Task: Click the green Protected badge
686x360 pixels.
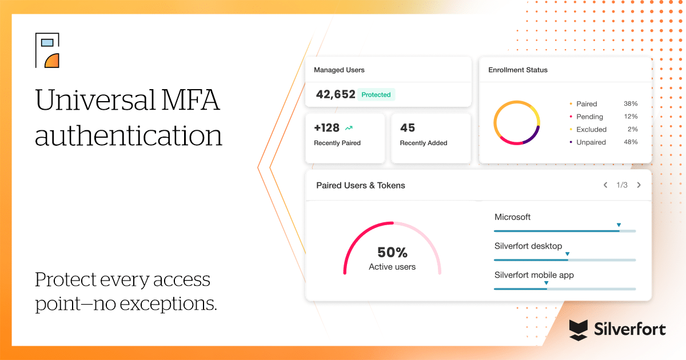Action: pos(376,95)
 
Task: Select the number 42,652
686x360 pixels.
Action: pos(336,94)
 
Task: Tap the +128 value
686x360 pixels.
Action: pos(327,128)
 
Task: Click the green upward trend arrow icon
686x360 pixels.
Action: pos(349,129)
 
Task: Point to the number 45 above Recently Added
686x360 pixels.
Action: pos(408,128)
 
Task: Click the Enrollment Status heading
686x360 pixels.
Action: pos(517,70)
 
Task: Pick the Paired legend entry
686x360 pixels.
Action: pos(586,104)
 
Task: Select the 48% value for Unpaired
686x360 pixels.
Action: pos(631,142)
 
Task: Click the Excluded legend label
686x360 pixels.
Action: pos(591,129)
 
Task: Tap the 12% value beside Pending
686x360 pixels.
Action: pos(631,117)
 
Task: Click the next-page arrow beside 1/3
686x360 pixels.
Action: pos(639,185)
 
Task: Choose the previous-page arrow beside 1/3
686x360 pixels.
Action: pos(605,185)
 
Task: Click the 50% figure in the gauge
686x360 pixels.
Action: pos(392,253)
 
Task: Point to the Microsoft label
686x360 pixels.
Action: pos(512,217)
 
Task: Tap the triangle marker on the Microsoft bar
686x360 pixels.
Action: pos(619,225)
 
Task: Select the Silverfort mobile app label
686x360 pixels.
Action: pos(534,275)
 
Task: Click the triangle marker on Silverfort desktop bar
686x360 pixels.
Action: pos(567,253)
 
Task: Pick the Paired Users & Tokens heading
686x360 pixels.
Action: pos(360,185)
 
